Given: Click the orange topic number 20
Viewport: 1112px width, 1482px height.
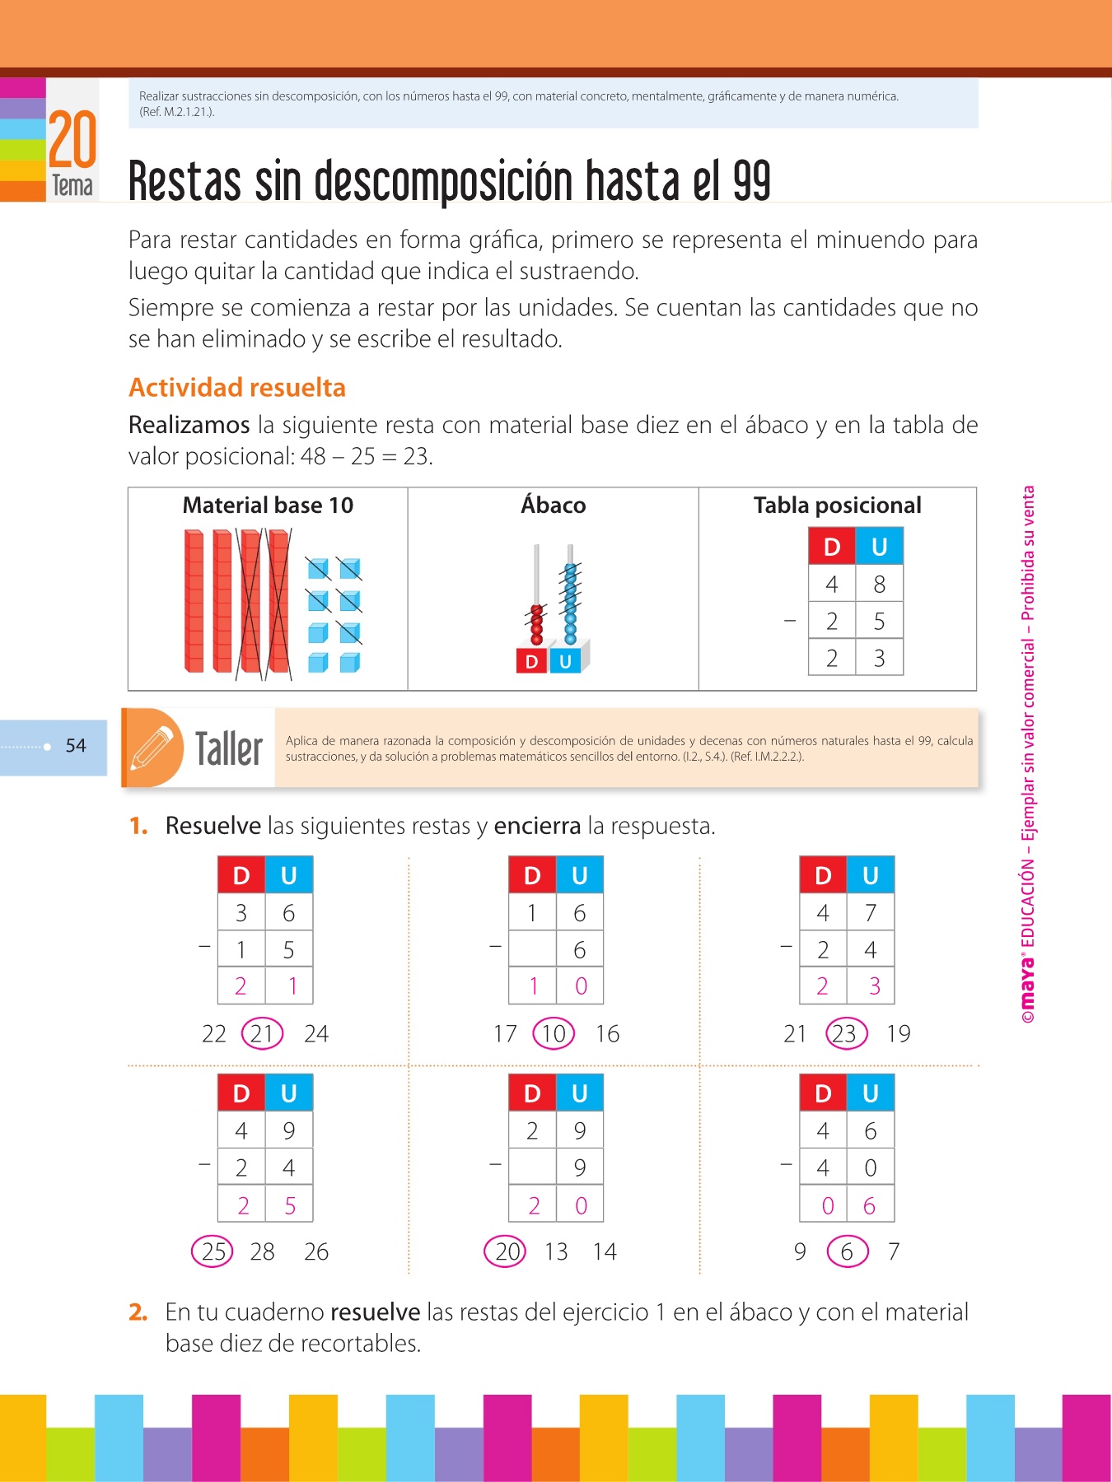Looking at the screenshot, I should (72, 140).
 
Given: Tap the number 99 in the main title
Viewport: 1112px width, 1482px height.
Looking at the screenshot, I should (751, 181).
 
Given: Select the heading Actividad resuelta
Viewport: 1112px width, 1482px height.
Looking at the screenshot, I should (237, 388).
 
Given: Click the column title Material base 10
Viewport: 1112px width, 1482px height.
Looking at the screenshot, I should (268, 506).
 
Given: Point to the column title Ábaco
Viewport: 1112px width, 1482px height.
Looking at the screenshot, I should (553, 506).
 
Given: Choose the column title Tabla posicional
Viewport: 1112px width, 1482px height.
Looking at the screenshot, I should (837, 506).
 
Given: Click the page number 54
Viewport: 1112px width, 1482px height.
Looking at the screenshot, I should (76, 746).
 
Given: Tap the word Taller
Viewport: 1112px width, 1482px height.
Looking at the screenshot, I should (228, 748).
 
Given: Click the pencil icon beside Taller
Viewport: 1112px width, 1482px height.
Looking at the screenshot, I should (152, 748).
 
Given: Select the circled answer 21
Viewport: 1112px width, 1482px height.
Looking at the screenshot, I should (262, 1033).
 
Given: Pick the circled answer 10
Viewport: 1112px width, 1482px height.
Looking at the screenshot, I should (554, 1033).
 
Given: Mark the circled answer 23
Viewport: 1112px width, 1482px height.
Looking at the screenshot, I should (846, 1033).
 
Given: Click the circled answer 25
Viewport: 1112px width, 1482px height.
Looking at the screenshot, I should (213, 1251).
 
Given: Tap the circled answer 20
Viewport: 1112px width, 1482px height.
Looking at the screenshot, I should (506, 1251).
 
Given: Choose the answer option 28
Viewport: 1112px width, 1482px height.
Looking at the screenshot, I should (262, 1251).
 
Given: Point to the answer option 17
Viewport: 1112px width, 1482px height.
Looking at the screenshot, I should (505, 1033).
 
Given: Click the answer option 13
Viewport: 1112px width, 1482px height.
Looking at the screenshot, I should (556, 1251).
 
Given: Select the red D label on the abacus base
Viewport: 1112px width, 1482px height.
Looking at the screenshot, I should (532, 661).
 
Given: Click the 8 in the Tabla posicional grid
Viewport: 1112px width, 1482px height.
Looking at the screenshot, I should (879, 584).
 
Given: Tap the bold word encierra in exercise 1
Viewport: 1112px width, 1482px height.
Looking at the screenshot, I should (537, 826).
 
